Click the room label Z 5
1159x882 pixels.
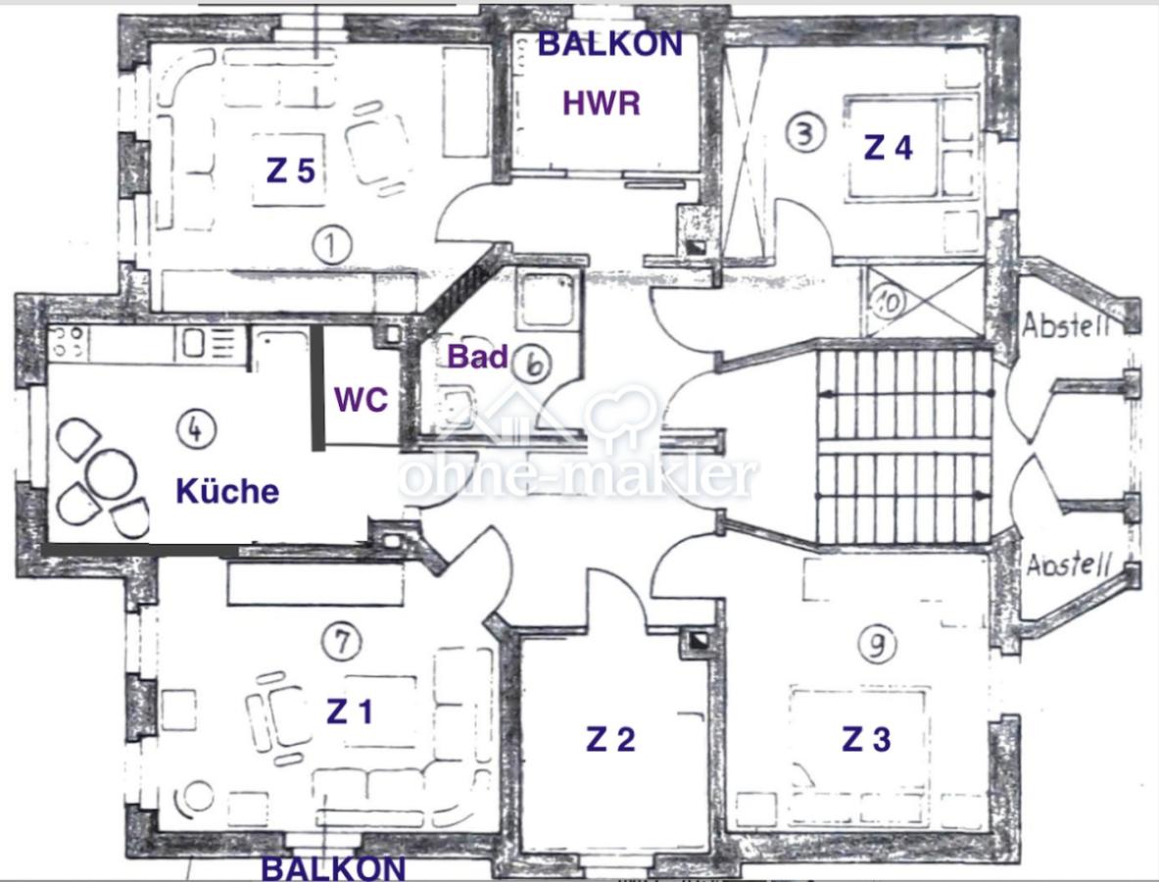pyautogui.click(x=291, y=171)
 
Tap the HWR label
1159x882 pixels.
pyautogui.click(x=601, y=103)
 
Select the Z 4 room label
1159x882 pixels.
pyautogui.click(x=889, y=148)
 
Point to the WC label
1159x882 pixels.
pyautogui.click(x=361, y=399)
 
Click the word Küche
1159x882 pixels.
pyautogui.click(x=227, y=491)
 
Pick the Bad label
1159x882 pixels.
pyautogui.click(x=478, y=357)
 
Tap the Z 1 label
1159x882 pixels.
pyautogui.click(x=351, y=711)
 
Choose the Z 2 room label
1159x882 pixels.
pyautogui.click(x=610, y=739)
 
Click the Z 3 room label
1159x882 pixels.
pyautogui.click(x=867, y=739)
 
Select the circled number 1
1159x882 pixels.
pyautogui.click(x=332, y=245)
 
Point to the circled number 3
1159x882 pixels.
pyautogui.click(x=805, y=134)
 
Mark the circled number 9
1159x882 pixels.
pyautogui.click(x=878, y=645)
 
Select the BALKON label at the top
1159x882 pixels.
pyautogui.click(x=610, y=44)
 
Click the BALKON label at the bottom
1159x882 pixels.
pyautogui.click(x=334, y=868)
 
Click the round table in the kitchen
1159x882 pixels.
pyautogui.click(x=111, y=472)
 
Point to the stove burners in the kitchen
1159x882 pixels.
pyautogui.click(x=68, y=342)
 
